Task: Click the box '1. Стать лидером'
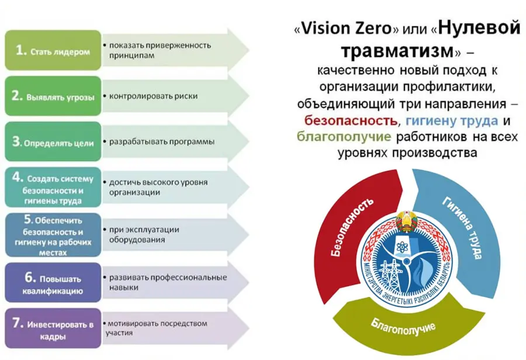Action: click(53, 50)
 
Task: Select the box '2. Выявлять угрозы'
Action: click(53, 96)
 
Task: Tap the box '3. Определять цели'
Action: click(53, 141)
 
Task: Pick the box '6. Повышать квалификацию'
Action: click(53, 282)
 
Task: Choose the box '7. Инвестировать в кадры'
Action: click(53, 328)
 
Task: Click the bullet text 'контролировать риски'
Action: click(153, 96)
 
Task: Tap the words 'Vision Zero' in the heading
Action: click(347, 28)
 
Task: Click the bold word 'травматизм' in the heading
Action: click(397, 50)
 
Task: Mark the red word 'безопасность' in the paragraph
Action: click(351, 120)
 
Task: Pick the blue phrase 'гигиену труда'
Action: click(452, 121)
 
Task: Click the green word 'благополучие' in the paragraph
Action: click(344, 137)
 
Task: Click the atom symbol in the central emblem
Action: click(402, 247)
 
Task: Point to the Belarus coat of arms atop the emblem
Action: click(407, 221)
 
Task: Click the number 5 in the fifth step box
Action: click(28, 219)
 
